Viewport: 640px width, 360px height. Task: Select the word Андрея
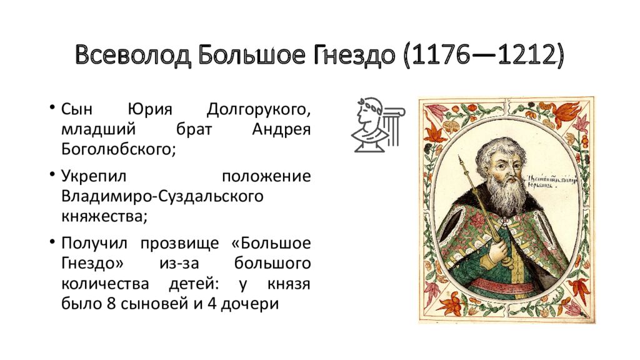point(281,130)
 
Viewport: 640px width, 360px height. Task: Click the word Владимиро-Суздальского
point(161,196)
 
